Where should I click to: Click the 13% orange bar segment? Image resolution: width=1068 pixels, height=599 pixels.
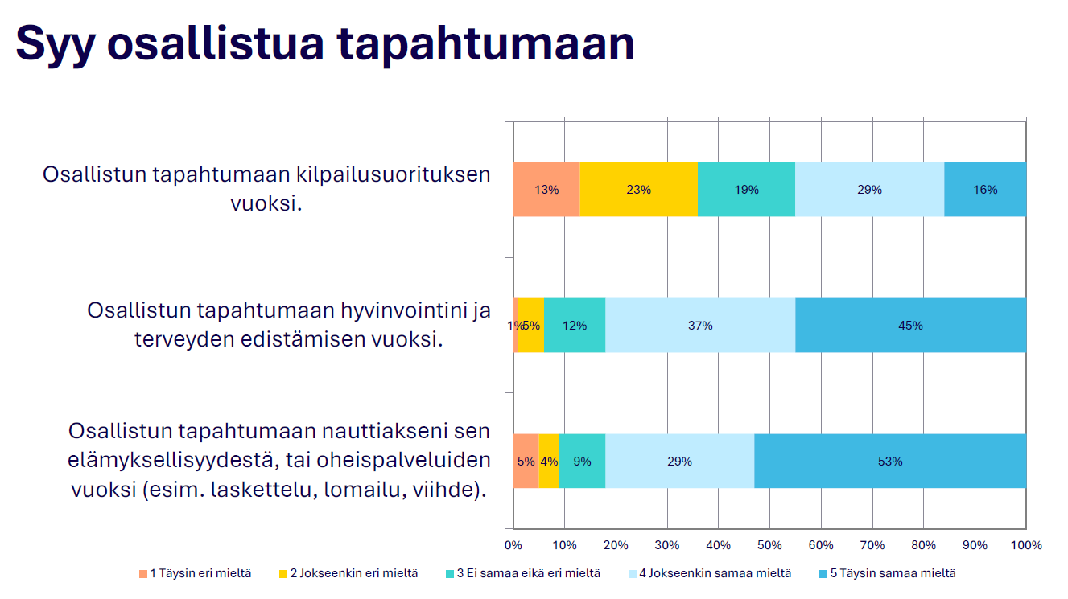point(546,190)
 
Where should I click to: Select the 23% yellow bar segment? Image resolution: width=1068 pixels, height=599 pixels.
point(639,190)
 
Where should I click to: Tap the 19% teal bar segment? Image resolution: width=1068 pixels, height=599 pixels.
point(747,190)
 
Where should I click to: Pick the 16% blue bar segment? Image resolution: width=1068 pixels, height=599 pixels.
point(985,190)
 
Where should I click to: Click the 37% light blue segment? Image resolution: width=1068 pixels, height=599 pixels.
point(700,325)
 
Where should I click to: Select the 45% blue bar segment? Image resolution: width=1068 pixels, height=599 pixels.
point(911,325)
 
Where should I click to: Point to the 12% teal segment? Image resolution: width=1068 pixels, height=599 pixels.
point(575,325)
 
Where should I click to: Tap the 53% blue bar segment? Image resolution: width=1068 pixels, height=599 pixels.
point(890,461)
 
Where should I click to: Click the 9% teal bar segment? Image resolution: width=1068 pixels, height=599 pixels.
point(582,461)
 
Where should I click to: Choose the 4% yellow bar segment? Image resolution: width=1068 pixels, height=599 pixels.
point(549,461)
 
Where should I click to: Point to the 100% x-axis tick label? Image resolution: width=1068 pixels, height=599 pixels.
point(1026,545)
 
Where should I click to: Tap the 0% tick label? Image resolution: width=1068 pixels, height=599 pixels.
point(513,545)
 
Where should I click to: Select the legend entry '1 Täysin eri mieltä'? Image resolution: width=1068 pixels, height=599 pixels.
point(195,573)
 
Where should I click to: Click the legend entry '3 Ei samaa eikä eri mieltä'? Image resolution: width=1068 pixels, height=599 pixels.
point(523,573)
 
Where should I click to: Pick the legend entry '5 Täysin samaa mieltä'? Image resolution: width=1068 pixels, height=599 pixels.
point(887,573)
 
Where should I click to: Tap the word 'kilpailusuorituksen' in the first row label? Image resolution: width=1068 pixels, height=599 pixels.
point(394,174)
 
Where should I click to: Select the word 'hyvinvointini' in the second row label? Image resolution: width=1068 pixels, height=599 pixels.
point(404,311)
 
